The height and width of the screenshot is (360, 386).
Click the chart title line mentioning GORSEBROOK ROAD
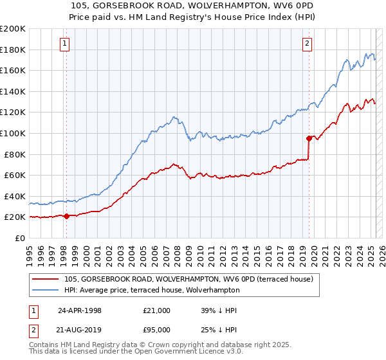(x=192, y=6)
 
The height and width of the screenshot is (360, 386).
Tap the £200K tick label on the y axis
(x=13, y=29)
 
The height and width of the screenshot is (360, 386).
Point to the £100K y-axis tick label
(x=13, y=134)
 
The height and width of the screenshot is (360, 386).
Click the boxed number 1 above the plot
(x=66, y=44)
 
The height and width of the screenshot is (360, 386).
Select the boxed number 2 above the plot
(x=308, y=44)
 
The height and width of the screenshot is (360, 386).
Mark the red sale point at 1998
(x=66, y=216)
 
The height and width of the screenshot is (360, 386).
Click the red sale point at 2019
(x=309, y=138)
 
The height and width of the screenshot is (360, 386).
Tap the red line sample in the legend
(x=46, y=279)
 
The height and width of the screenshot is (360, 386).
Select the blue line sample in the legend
(x=46, y=290)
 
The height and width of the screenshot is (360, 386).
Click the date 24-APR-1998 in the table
(x=80, y=310)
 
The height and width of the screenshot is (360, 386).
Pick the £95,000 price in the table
(x=157, y=330)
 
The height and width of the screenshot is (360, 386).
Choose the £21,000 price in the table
(x=157, y=310)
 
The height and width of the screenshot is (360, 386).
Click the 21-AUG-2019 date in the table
(x=80, y=330)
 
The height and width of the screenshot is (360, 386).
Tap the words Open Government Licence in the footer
(x=139, y=353)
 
